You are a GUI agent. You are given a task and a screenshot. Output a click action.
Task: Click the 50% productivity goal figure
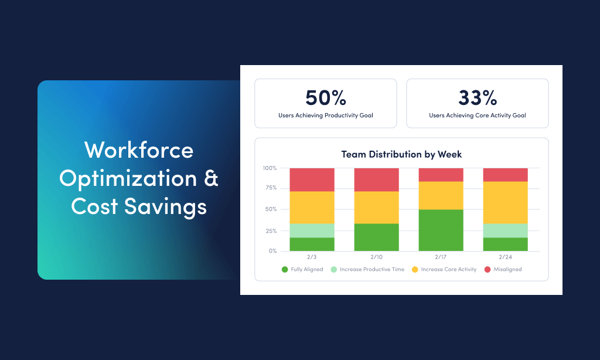[325, 97]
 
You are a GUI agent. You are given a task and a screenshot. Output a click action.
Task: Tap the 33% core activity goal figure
[477, 97]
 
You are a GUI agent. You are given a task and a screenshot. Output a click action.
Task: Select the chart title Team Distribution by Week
[401, 154]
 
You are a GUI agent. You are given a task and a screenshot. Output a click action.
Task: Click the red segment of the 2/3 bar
[312, 179]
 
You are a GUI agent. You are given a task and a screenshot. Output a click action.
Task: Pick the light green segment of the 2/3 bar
[312, 230]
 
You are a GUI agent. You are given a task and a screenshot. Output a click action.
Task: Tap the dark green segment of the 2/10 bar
[376, 237]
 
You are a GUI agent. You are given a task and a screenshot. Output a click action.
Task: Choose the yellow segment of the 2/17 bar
[441, 195]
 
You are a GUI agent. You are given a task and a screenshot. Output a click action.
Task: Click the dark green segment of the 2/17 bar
[441, 230]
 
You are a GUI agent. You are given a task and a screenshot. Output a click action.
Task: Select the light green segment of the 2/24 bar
[505, 230]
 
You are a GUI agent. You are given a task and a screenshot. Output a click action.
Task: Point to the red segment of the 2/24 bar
[505, 175]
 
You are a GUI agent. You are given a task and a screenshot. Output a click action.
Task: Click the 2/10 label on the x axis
[376, 257]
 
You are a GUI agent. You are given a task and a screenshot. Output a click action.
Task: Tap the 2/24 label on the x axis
[505, 257]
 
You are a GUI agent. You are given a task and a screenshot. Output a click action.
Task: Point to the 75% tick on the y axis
[270, 188]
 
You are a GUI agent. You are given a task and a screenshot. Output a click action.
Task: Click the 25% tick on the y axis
[270, 230]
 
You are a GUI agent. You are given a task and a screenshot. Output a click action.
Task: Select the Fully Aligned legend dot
[285, 270]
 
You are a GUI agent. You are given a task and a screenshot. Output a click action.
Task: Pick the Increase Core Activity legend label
[449, 270]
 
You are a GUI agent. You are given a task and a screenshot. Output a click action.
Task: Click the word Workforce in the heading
[139, 150]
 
